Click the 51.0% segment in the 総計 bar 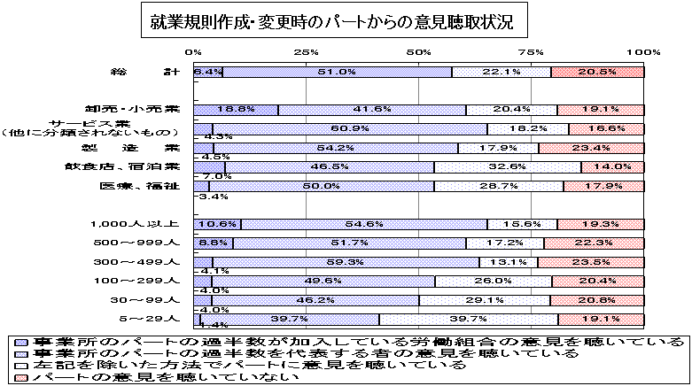pos(337,72)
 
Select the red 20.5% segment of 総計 pos(599,72)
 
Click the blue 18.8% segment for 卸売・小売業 pos(236,109)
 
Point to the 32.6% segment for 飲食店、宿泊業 pos(508,166)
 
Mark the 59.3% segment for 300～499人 pos(346,262)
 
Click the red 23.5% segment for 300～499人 pos(592,262)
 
